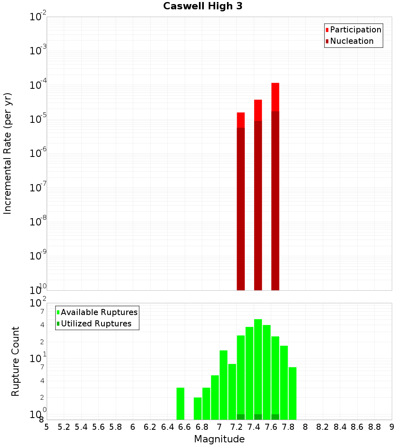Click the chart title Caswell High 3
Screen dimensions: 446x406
click(x=203, y=6)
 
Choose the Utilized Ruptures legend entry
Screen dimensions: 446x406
click(x=96, y=324)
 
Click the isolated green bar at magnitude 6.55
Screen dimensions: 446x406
click(x=180, y=403)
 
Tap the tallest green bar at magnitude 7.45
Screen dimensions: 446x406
click(x=258, y=365)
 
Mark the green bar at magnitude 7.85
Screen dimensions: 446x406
click(x=292, y=393)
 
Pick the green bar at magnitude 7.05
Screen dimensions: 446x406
click(x=223, y=385)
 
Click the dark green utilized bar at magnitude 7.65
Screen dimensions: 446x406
click(x=275, y=417)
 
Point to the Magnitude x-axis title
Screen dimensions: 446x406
click(x=219, y=439)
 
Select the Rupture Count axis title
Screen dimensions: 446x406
click(x=15, y=361)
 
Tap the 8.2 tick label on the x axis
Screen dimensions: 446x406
click(x=323, y=427)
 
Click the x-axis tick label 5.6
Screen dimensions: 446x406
click(x=98, y=427)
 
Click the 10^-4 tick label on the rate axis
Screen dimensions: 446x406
click(x=39, y=85)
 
